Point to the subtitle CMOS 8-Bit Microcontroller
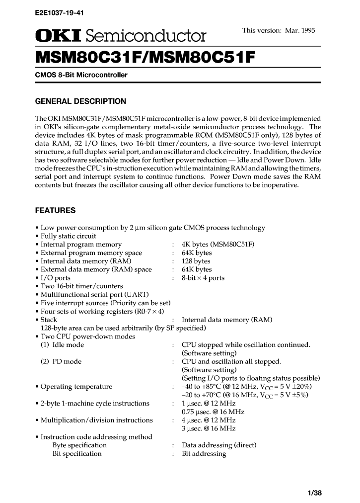[x=81, y=75]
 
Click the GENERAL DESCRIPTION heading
[x=80, y=101]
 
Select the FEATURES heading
[x=55, y=210]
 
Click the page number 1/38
[x=315, y=493]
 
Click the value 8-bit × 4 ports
[x=203, y=278]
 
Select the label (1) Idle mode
[x=62, y=345]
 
